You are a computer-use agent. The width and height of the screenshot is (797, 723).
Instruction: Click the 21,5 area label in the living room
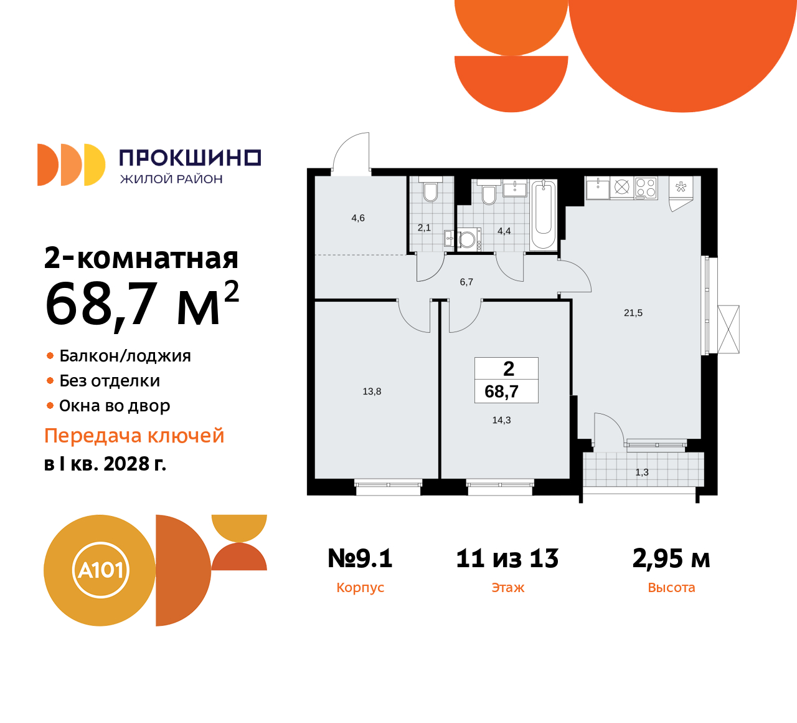tap(633, 313)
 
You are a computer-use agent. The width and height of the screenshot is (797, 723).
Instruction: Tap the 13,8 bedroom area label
tap(372, 391)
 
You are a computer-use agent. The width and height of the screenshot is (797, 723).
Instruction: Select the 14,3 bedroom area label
tap(501, 420)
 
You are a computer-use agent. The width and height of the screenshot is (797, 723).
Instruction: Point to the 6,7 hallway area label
tap(466, 282)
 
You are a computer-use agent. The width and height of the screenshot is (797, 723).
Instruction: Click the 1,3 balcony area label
tap(642, 472)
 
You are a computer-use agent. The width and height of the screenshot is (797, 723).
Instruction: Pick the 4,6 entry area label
tap(358, 218)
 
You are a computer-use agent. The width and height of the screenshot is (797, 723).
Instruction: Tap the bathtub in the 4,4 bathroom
tap(544, 214)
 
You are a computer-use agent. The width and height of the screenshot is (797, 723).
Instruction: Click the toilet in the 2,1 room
tap(430, 191)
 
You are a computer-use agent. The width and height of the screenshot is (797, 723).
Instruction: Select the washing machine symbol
tap(468, 239)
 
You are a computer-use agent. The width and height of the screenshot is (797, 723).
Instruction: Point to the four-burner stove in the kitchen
tap(646, 188)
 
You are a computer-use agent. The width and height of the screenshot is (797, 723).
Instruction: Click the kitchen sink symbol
tap(598, 188)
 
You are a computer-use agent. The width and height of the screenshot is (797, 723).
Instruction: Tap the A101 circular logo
tap(100, 570)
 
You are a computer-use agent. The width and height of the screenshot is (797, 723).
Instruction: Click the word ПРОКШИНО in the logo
tap(190, 158)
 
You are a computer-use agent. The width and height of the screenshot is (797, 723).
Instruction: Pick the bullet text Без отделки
tap(110, 381)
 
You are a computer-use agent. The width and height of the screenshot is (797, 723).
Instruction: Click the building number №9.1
tap(360, 558)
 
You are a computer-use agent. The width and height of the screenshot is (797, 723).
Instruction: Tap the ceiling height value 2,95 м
tap(671, 558)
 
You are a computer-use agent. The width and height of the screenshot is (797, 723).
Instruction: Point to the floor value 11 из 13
tap(507, 558)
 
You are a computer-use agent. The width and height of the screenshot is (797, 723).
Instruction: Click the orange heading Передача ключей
tap(134, 436)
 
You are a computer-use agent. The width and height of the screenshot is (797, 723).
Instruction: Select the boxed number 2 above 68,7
tap(509, 369)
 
